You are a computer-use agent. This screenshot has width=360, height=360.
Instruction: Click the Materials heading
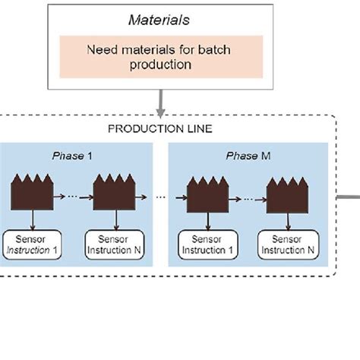coord(159,20)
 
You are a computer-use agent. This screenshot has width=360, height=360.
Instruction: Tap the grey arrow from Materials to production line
coord(160,100)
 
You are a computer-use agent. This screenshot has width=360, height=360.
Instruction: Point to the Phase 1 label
coord(72,156)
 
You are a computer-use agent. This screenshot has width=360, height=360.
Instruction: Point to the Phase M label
coord(248,156)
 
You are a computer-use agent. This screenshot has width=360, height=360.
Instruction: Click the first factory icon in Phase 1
coord(31,193)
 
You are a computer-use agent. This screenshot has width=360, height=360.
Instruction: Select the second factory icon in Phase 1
coord(113,193)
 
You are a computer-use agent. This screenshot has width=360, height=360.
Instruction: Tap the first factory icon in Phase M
coord(207,196)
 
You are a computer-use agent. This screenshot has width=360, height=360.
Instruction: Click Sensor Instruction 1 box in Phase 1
coord(32,244)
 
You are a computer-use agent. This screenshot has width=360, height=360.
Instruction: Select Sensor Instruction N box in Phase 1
coord(114,244)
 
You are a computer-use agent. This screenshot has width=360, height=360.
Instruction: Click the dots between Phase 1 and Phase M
coord(160,197)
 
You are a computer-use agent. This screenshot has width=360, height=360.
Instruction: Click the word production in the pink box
coord(159,65)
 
